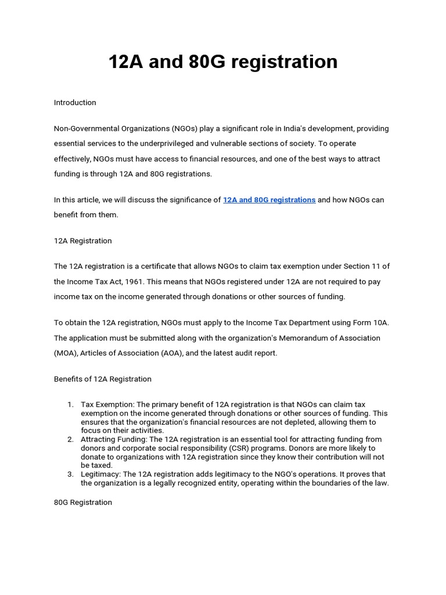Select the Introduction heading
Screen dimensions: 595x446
click(x=75, y=103)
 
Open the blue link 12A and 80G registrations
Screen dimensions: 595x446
click(x=269, y=200)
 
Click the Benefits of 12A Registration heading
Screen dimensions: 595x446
click(x=103, y=379)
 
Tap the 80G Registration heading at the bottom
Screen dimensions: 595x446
click(x=83, y=502)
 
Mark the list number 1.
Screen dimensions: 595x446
click(x=69, y=404)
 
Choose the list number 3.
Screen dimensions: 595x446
click(x=69, y=474)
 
